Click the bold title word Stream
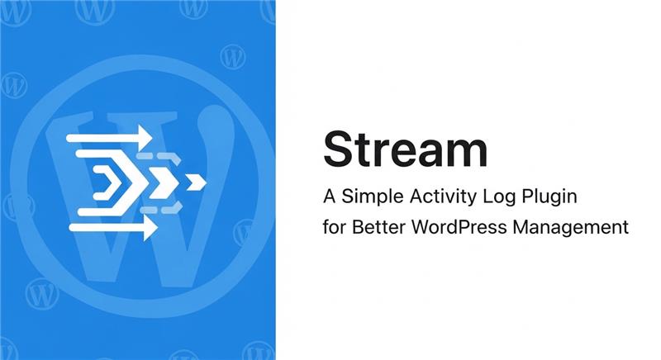[x=405, y=150]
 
